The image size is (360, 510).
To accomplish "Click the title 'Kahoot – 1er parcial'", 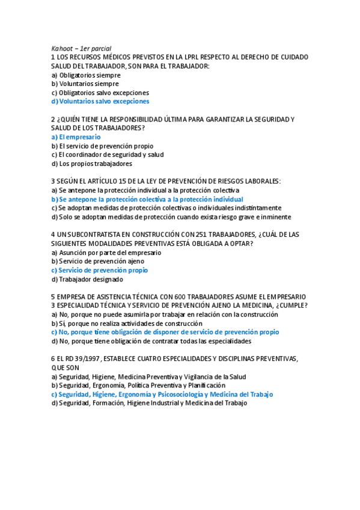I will (x=81, y=48).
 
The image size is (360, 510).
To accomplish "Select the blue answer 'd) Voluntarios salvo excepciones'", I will (x=100, y=102).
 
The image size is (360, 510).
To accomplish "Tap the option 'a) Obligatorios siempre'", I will (x=86, y=75).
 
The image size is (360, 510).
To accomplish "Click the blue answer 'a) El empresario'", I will (x=76, y=137).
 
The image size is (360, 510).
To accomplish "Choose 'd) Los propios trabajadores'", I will (x=91, y=164).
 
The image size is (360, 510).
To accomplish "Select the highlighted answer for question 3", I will (x=147, y=199).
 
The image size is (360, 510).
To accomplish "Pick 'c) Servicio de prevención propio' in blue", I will (x=99, y=271).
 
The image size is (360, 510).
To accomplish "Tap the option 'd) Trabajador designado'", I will (x=87, y=279).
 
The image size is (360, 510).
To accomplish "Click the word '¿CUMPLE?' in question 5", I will (x=291, y=306).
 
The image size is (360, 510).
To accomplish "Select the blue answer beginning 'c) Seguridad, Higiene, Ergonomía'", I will (x=162, y=395).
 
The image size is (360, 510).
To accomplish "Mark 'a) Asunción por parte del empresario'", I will (x=106, y=253).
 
